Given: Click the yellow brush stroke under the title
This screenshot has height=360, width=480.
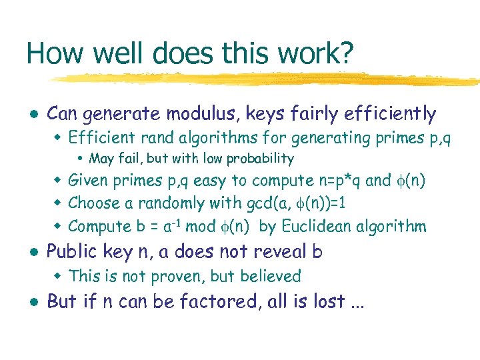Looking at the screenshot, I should [267, 79].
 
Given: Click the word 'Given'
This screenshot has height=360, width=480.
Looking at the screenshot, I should [91, 180].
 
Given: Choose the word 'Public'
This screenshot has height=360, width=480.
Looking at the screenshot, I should [72, 251].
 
